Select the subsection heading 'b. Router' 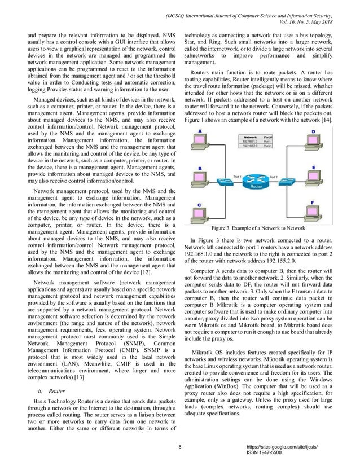coord(51,375)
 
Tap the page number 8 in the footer coord(179,447)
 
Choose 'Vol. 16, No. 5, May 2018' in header coord(318,16)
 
